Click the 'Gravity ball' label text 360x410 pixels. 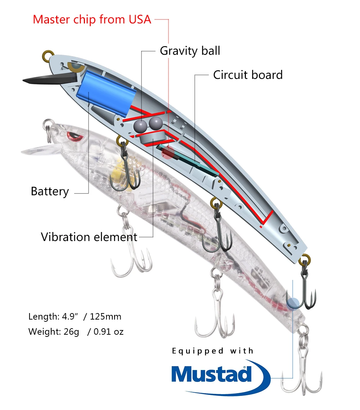pyautogui.click(x=190, y=51)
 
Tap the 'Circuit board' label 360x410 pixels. pyautogui.click(x=248, y=75)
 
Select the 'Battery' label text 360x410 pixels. pyautogui.click(x=50, y=192)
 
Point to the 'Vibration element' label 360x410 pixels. pyautogui.click(x=89, y=237)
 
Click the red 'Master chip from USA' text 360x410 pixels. pyautogui.click(x=92, y=19)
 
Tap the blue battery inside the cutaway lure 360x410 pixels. pyautogui.click(x=106, y=93)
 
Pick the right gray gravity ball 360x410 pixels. pyautogui.click(x=156, y=123)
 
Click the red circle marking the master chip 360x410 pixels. pyautogui.click(x=168, y=152)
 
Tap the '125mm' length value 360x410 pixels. pyautogui.click(x=105, y=317)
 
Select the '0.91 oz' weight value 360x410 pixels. pyautogui.click(x=108, y=332)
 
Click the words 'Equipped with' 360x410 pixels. pyautogui.click(x=213, y=351)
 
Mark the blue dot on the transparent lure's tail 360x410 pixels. pyautogui.click(x=293, y=303)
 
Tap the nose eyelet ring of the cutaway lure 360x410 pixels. pyautogui.click(x=48, y=56)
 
